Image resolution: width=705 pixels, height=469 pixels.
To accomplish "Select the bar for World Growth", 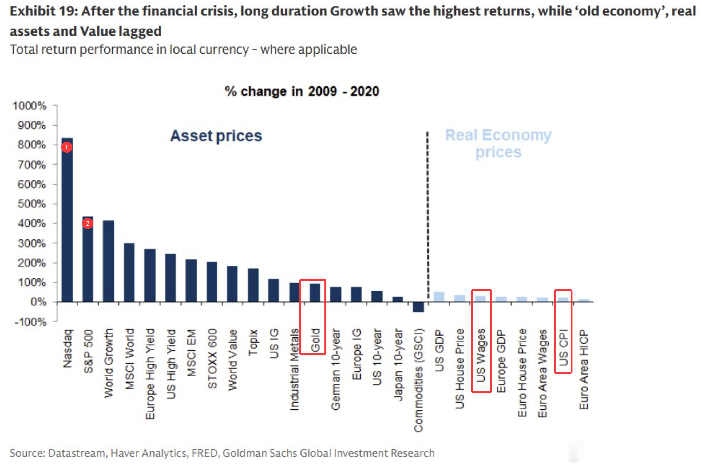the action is (108, 261).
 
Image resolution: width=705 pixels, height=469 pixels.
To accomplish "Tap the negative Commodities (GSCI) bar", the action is (418, 307).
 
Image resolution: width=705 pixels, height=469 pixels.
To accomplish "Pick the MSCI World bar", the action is (129, 272).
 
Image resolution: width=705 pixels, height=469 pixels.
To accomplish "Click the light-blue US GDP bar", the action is (439, 297).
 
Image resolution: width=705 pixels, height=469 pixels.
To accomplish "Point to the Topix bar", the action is (253, 285).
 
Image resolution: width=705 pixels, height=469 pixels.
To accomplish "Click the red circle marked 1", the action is (67, 147).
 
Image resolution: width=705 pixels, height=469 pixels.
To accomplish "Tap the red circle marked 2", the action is (88, 223).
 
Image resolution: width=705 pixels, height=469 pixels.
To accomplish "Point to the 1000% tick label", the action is (29, 106).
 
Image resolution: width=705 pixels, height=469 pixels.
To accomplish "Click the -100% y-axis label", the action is (30, 322).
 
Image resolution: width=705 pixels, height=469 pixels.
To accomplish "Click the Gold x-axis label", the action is (315, 340).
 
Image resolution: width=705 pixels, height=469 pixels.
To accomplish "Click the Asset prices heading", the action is (216, 136).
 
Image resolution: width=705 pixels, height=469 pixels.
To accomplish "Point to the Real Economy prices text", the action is (498, 144).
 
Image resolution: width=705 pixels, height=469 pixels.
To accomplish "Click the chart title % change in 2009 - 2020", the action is (302, 91).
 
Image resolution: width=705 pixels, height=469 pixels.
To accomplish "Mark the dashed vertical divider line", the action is (427, 215).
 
